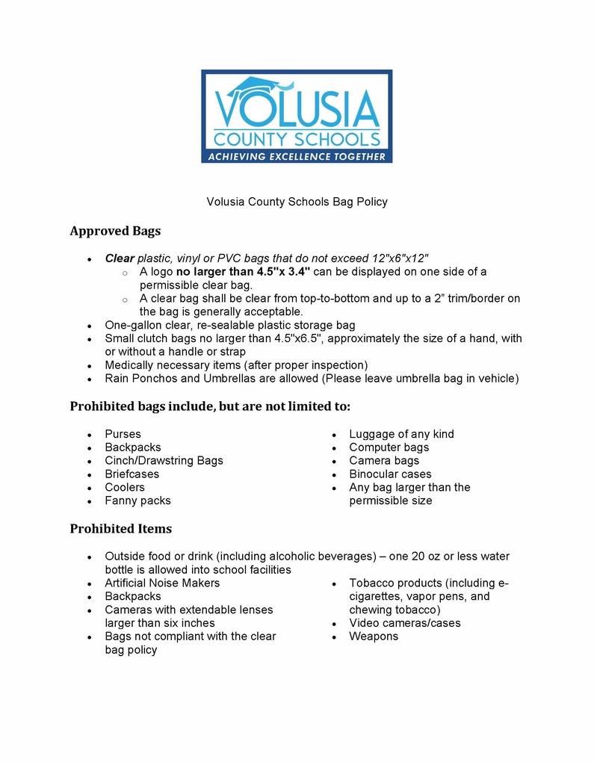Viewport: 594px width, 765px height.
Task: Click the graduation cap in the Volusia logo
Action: pos(253,87)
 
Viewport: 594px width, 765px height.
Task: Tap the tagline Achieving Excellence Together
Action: pos(297,156)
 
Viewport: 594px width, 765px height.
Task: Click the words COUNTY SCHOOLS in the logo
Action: pos(297,139)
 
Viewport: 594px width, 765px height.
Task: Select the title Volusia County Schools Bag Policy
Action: pos(297,202)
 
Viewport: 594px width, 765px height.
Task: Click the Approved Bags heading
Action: pos(115,231)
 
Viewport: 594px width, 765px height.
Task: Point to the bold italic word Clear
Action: pos(120,258)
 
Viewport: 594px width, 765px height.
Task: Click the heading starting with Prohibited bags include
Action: pos(210,406)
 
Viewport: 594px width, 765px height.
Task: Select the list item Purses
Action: pos(123,434)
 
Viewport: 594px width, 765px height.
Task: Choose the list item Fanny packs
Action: pos(137,501)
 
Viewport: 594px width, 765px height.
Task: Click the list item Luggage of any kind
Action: pos(401,434)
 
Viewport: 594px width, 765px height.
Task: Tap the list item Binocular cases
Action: pos(390,474)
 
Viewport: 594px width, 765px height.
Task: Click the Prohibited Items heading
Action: pos(120,529)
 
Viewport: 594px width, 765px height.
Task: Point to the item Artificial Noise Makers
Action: pos(162,583)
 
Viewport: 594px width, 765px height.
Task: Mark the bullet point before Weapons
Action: pos(333,637)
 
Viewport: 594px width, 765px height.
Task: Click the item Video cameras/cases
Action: pos(404,623)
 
